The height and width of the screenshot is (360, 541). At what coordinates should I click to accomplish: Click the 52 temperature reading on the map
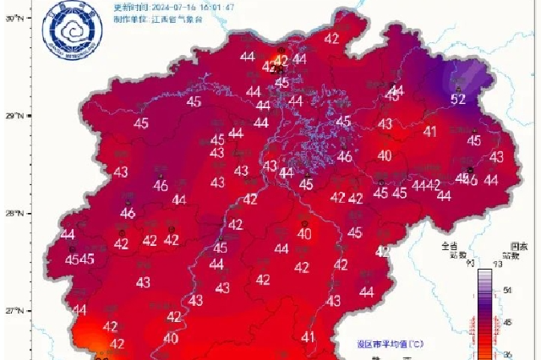tap(459, 99)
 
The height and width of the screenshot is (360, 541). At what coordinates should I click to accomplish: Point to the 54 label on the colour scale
tap(507, 290)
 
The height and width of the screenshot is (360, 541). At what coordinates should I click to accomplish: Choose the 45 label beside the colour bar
tap(507, 322)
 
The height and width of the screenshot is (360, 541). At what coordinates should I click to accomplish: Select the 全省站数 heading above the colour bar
tap(448, 250)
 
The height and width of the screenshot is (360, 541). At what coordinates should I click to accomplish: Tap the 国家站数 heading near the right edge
tap(510, 250)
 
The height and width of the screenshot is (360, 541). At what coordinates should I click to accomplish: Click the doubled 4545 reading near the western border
tap(79, 259)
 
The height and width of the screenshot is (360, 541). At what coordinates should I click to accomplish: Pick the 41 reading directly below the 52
tap(430, 131)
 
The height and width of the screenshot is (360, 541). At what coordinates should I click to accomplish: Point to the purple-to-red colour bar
tap(485, 313)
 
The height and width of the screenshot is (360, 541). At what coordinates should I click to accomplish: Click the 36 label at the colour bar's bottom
tap(507, 353)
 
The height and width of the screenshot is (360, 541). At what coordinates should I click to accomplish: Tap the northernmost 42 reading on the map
tap(331, 38)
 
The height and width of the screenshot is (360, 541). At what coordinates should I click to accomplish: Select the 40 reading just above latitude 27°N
tap(171, 338)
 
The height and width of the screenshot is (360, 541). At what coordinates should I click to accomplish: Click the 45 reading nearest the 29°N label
tap(141, 123)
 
